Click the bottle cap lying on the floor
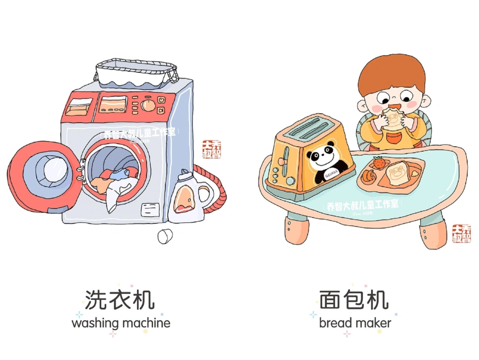tap(165, 236)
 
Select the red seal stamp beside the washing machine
tap(211, 149)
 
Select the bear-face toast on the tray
tap(398, 174)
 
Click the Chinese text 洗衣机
tap(120, 300)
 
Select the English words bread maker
tap(355, 323)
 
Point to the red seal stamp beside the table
tap(461, 233)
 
